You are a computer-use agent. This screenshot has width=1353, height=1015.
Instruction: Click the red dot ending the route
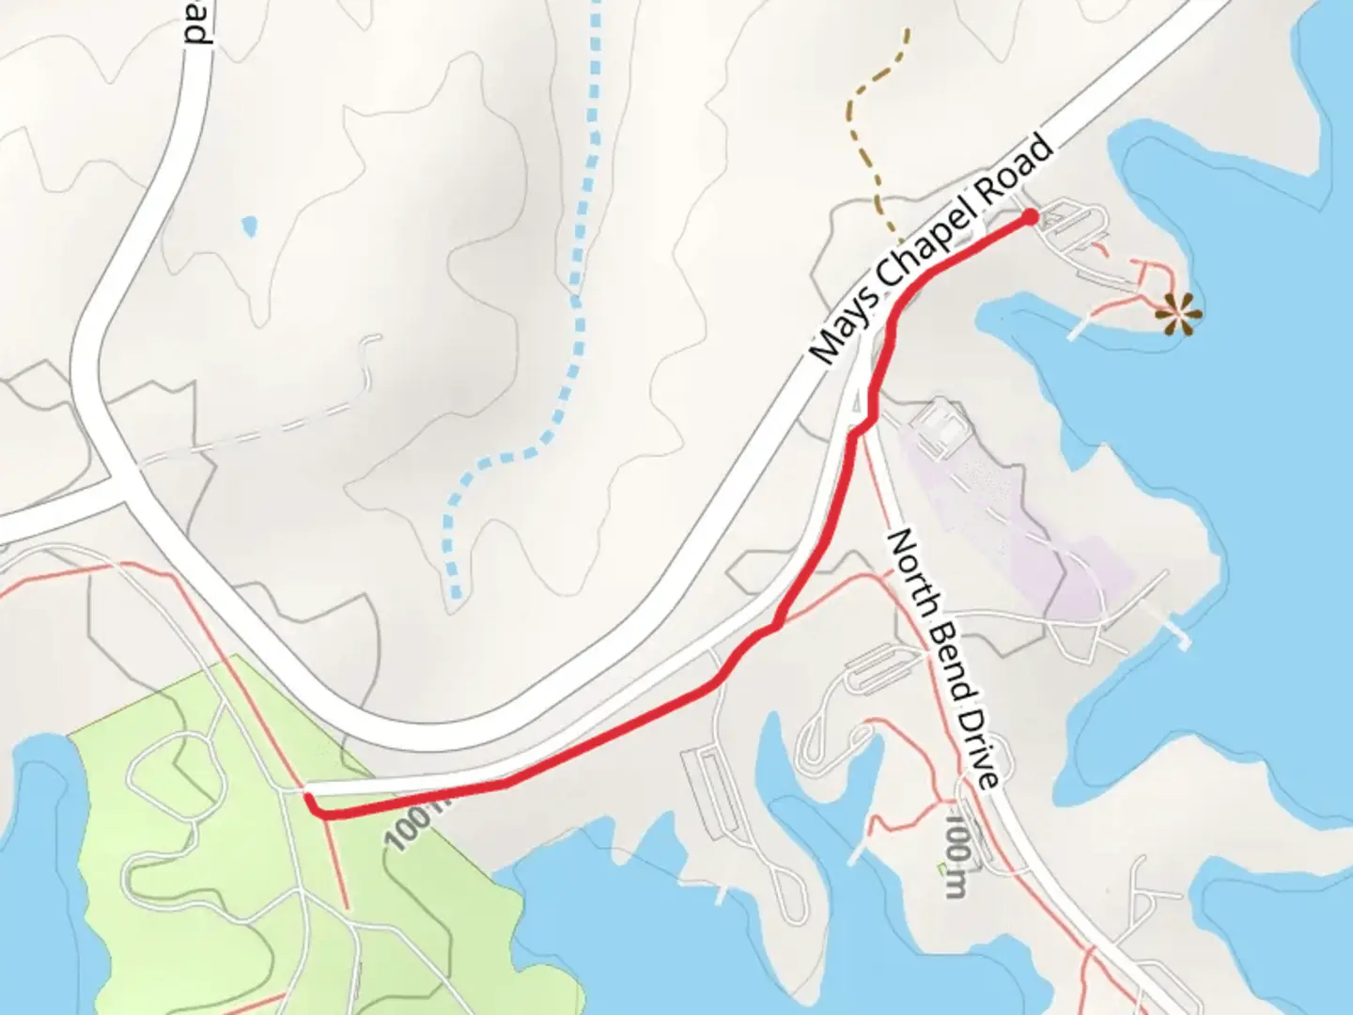[1030, 218]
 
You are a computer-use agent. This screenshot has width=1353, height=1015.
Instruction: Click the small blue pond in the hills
[249, 226]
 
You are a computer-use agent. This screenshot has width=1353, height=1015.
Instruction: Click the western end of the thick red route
[309, 798]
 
